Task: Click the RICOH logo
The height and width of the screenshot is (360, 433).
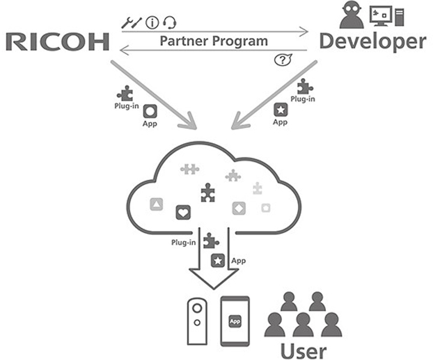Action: [x=58, y=41]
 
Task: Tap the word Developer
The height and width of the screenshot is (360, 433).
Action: [x=373, y=42]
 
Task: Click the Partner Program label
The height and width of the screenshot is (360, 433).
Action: [x=214, y=41]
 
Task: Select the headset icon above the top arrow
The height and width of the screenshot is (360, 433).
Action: [x=170, y=23]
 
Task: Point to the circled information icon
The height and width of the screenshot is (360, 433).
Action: [x=152, y=23]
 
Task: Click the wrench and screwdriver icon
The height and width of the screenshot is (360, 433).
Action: [x=132, y=23]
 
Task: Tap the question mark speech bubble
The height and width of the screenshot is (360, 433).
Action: [x=283, y=59]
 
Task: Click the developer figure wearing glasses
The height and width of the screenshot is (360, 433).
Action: [x=352, y=14]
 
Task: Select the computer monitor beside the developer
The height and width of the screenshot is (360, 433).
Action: [x=381, y=16]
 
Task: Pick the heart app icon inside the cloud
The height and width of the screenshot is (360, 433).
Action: [x=183, y=212]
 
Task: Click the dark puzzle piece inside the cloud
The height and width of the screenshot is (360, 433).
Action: [x=208, y=193]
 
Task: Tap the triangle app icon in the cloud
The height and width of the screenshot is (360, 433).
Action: [x=156, y=204]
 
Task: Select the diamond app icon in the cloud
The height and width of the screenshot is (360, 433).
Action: [x=239, y=208]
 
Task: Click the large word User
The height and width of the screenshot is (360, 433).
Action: [x=304, y=351]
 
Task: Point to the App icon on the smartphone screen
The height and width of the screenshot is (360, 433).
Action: [x=235, y=322]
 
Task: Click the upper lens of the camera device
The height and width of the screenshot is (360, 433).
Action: [x=197, y=308]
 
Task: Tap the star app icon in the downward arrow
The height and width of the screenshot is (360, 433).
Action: [x=218, y=261]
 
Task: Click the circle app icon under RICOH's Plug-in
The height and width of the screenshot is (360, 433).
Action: [x=150, y=112]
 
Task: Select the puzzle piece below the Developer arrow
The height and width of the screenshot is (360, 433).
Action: [x=305, y=87]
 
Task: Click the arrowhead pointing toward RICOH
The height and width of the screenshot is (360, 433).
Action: [x=124, y=50]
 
